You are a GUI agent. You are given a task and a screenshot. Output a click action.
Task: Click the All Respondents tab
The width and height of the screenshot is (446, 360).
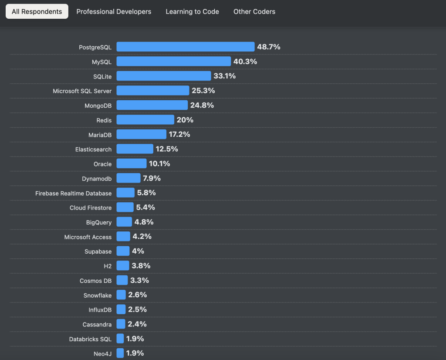37,12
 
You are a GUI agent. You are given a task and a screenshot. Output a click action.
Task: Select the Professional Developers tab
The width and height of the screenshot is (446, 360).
114,12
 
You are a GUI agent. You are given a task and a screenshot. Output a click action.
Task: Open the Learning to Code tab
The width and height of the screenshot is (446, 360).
192,12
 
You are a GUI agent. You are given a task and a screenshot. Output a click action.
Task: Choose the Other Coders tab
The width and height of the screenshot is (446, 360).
254,12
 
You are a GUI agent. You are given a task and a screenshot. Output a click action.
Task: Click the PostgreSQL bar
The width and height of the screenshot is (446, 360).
185,47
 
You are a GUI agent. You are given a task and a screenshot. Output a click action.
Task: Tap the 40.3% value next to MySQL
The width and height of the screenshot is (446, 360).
245,61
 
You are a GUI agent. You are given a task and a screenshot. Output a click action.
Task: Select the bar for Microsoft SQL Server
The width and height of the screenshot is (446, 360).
153,91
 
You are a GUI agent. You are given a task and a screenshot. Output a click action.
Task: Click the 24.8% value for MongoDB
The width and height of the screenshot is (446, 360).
202,105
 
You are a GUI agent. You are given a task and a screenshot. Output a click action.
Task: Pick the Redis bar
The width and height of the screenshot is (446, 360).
145,120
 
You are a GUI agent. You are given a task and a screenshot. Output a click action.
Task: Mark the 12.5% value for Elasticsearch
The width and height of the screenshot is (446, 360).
167,149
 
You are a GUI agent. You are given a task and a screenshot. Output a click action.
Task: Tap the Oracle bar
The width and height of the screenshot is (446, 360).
132,164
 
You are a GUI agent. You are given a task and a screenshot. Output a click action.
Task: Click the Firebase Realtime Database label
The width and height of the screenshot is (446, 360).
73,193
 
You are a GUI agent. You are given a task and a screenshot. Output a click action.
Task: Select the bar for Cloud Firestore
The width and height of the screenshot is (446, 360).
125,207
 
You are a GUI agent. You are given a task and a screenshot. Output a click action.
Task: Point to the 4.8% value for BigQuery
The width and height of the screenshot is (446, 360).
144,222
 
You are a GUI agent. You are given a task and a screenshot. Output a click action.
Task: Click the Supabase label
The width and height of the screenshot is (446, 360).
98,251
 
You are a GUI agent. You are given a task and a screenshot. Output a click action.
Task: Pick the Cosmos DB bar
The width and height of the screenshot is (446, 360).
122,280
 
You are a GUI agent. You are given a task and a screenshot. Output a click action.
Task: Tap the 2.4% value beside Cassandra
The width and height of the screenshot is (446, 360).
137,324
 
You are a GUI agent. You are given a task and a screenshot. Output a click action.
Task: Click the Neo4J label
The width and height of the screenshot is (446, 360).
102,353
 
